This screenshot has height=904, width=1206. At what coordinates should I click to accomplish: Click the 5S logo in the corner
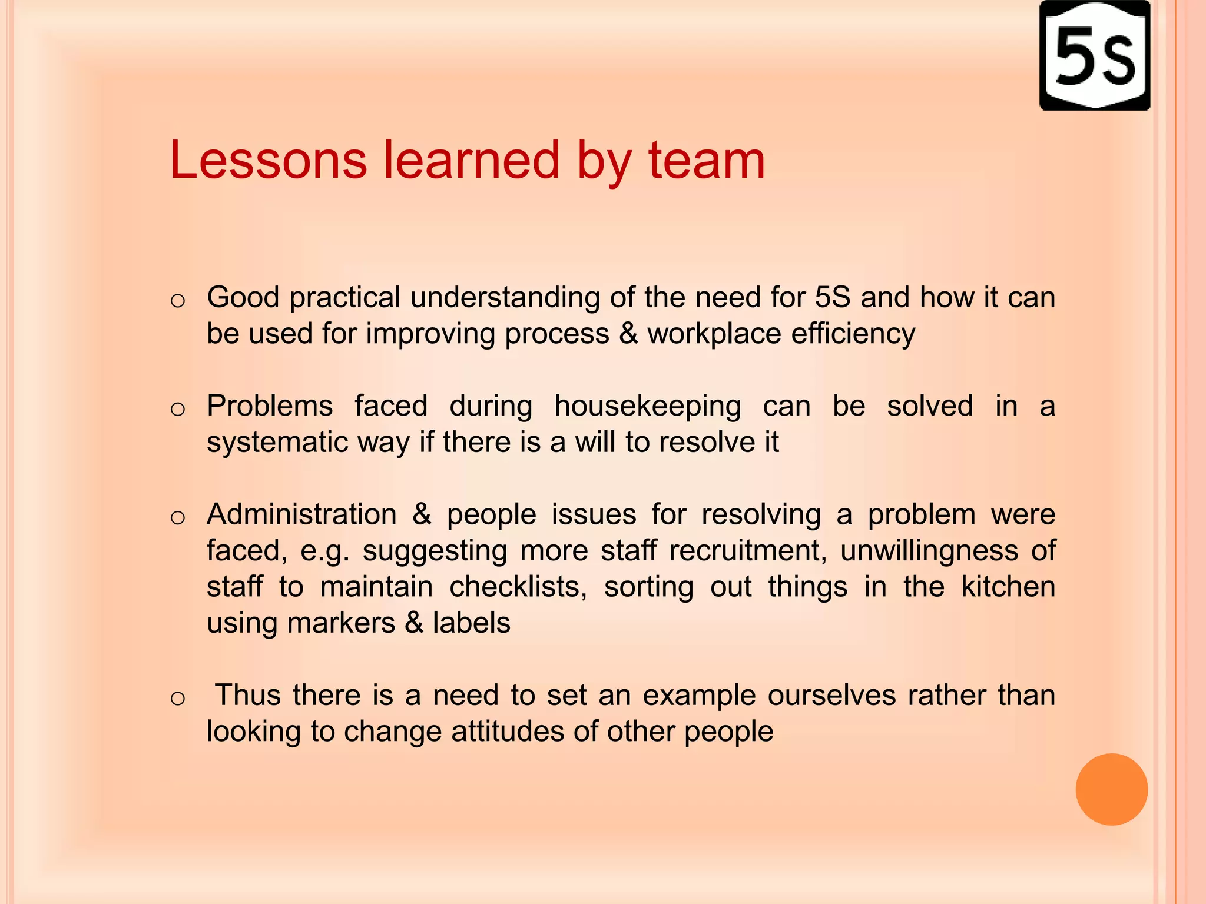pyautogui.click(x=1094, y=56)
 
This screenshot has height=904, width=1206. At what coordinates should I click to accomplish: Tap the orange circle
pyautogui.click(x=1111, y=789)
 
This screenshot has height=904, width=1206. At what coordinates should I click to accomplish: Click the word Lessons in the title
pyautogui.click(x=268, y=160)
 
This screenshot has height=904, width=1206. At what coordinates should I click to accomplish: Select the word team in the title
pyautogui.click(x=707, y=160)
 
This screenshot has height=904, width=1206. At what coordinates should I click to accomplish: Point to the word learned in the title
pyautogui.click(x=472, y=160)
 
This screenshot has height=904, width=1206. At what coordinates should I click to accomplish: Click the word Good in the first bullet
pyautogui.click(x=243, y=297)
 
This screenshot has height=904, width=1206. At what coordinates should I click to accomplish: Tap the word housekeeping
pyautogui.click(x=648, y=407)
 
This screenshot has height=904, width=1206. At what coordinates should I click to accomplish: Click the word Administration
pyautogui.click(x=301, y=514)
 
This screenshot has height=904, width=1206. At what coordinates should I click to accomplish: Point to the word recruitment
pyautogui.click(x=747, y=551)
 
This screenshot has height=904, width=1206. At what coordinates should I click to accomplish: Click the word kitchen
pyautogui.click(x=1008, y=587)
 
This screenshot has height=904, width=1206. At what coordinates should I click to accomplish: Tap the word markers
pyautogui.click(x=341, y=623)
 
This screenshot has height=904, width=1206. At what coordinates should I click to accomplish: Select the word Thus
pyautogui.click(x=248, y=695)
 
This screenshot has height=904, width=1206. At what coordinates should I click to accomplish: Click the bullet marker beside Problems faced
pyautogui.click(x=177, y=408)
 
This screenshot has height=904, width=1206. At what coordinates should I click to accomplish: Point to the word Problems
pyautogui.click(x=270, y=407)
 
